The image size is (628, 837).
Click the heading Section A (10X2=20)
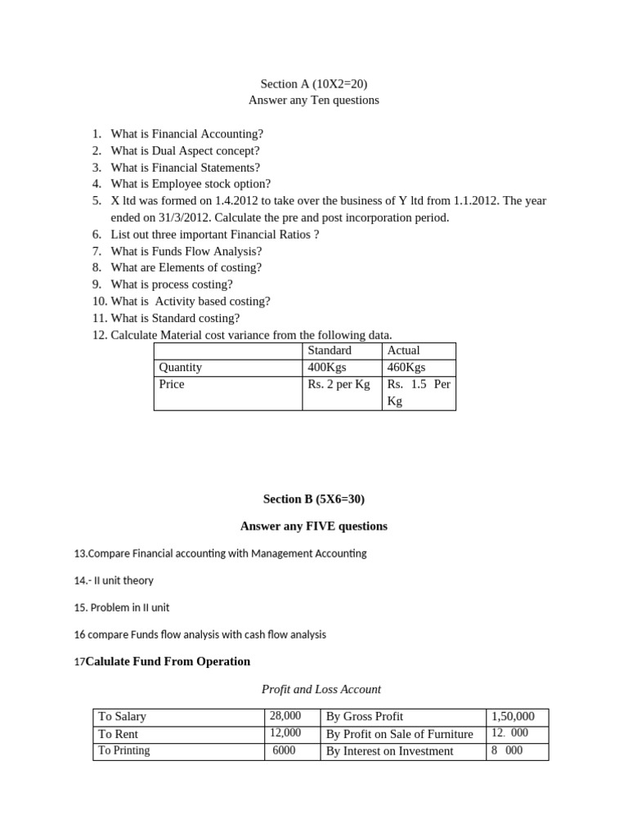(x=314, y=83)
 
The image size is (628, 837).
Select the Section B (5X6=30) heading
(x=314, y=499)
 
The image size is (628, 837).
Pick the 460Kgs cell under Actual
(x=406, y=367)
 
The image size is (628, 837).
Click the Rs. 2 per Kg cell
(x=339, y=384)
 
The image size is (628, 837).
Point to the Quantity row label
(x=181, y=367)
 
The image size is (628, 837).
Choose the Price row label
(x=172, y=384)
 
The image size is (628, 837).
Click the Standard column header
(x=330, y=350)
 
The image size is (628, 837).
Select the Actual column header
(x=403, y=350)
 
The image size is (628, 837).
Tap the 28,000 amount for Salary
(x=285, y=716)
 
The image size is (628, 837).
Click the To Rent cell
(x=119, y=733)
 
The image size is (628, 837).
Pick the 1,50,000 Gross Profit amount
(x=513, y=716)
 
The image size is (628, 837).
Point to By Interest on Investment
(x=389, y=750)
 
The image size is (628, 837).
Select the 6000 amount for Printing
(x=284, y=750)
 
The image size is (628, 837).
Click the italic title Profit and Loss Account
(x=321, y=689)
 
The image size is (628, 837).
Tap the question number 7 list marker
(x=96, y=251)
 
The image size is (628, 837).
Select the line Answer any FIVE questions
(x=314, y=526)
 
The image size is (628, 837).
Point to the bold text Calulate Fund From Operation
(x=168, y=660)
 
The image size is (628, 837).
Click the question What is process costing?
(x=172, y=284)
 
